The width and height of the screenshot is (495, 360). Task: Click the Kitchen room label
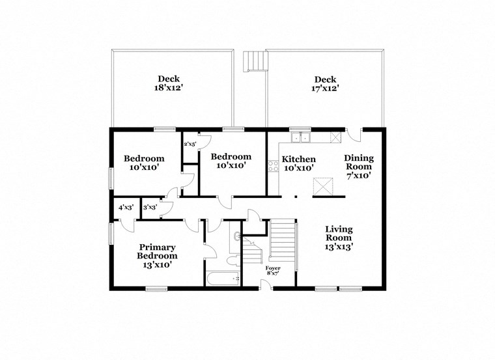298,159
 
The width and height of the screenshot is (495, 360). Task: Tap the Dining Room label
358,162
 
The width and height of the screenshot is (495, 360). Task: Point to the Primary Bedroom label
157,251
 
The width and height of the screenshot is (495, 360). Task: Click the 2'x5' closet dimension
190,144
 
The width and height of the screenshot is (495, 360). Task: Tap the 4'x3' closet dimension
126,208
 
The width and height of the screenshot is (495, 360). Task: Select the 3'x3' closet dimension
149,208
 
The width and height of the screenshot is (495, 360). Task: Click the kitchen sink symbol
300,137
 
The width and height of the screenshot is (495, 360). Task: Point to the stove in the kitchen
273,165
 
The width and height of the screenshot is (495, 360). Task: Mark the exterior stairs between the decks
255,62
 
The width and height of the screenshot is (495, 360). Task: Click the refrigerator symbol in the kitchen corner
336,137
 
